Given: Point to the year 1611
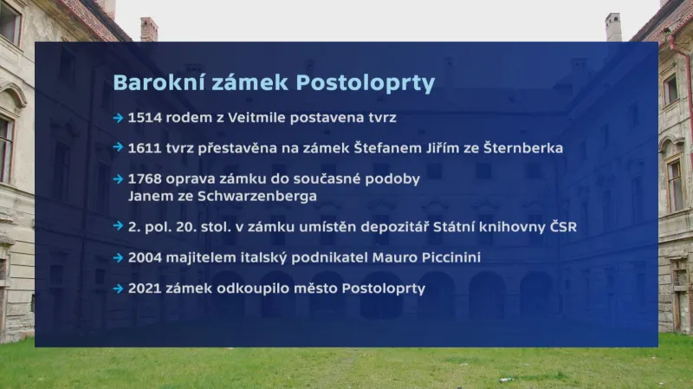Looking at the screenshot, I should [x=142, y=148].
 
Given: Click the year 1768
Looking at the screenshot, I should [x=143, y=179].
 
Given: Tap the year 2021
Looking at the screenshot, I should [x=144, y=288].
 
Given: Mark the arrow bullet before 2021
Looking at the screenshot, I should [x=118, y=288].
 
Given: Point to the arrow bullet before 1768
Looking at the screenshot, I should [x=118, y=179].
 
